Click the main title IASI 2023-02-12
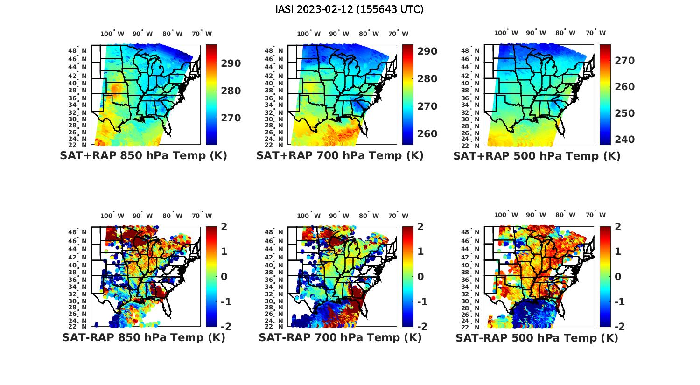point(350,9)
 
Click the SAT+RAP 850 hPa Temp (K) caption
point(143,156)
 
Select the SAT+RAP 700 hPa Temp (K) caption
point(340,156)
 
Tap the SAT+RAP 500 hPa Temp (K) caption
point(537,156)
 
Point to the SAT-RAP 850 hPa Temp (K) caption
point(143,337)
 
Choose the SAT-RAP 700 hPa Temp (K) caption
point(340,337)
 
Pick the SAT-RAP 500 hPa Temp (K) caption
point(537,338)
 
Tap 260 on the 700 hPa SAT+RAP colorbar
point(427,134)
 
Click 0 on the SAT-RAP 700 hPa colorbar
point(420,277)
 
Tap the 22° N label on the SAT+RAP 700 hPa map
point(274,145)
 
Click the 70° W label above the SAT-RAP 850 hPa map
point(202,216)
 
